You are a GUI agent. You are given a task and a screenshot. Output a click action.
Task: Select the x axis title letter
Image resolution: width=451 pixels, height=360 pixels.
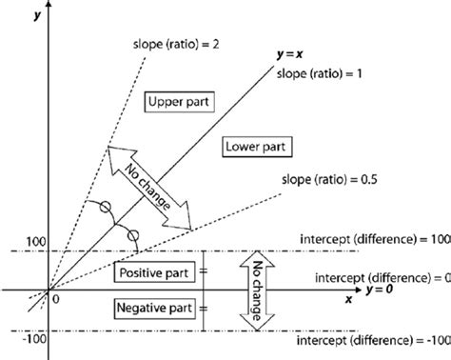click(x=348, y=297)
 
